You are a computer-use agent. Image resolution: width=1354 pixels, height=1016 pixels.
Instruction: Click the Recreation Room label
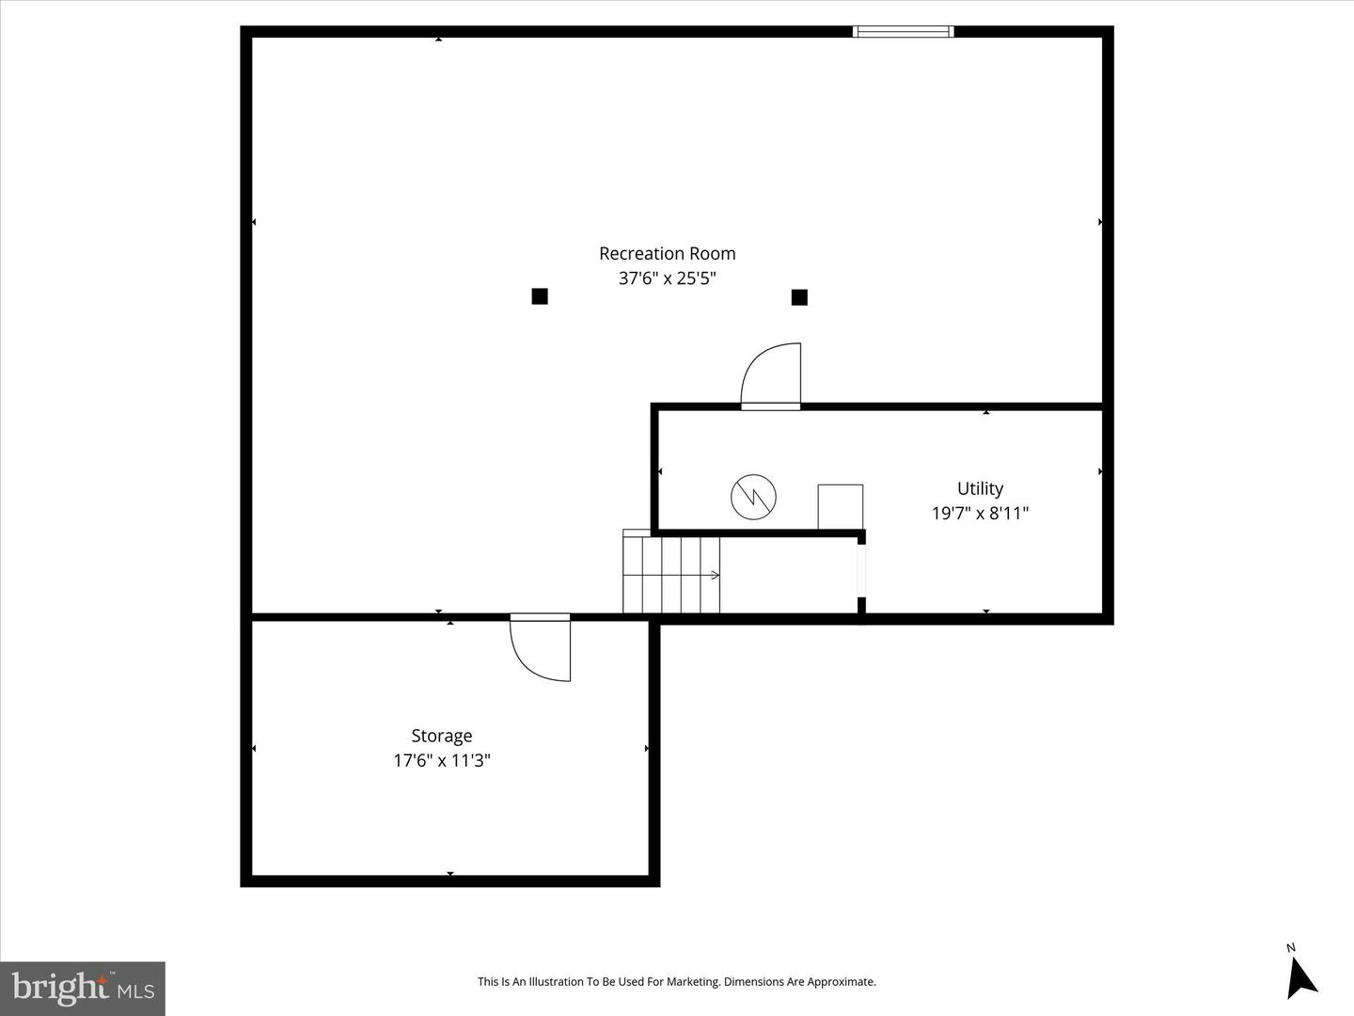pyautogui.click(x=667, y=254)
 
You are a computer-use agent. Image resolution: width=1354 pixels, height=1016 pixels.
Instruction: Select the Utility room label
pyautogui.click(x=980, y=488)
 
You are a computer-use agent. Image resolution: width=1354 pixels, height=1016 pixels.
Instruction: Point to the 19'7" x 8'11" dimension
pyautogui.click(x=980, y=514)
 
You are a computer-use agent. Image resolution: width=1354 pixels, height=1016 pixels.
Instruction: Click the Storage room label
pyautogui.click(x=441, y=736)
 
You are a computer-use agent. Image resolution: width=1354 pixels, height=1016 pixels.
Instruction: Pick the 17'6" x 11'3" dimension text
pyautogui.click(x=441, y=760)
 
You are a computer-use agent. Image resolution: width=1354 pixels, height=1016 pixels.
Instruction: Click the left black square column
pyautogui.click(x=540, y=296)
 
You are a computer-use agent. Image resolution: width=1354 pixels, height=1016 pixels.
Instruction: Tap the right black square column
pyautogui.click(x=799, y=297)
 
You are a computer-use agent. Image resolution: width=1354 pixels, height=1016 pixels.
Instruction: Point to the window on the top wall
pyautogui.click(x=903, y=32)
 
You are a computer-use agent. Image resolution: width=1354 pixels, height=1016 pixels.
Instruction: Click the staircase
pyautogui.click(x=670, y=574)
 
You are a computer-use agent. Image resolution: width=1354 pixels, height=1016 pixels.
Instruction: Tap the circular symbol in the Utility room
pyautogui.click(x=754, y=496)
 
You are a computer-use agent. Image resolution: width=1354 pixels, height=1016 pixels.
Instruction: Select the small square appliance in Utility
pyautogui.click(x=840, y=507)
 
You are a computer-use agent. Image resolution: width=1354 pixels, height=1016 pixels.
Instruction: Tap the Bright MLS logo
pyautogui.click(x=82, y=988)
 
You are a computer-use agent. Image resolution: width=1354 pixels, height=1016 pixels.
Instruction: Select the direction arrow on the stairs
pyautogui.click(x=715, y=575)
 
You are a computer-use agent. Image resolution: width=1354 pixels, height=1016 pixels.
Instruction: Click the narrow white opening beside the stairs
pyautogui.click(x=861, y=571)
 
